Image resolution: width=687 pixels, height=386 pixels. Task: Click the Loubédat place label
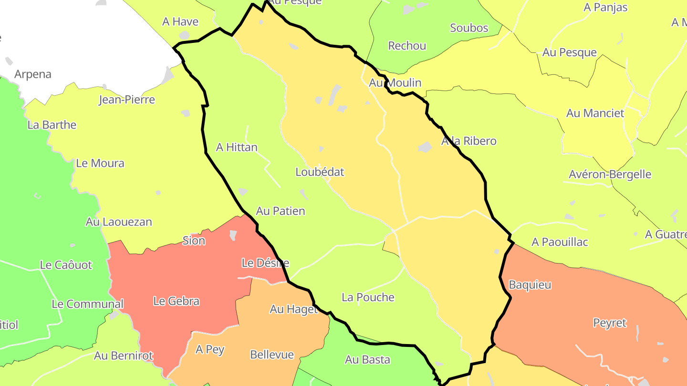pyautogui.click(x=320, y=172)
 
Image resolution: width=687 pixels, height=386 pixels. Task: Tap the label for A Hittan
pyautogui.click(x=237, y=147)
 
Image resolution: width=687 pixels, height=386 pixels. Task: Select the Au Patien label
pyautogui.click(x=281, y=211)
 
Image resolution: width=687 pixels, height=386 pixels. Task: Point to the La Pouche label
pyautogui.click(x=368, y=297)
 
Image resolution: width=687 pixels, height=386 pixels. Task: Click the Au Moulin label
pyautogui.click(x=395, y=83)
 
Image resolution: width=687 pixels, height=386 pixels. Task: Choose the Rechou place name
pyautogui.click(x=407, y=46)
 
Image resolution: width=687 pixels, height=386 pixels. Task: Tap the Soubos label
pyautogui.click(x=469, y=28)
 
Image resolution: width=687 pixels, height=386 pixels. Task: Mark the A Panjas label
pyautogui.click(x=605, y=8)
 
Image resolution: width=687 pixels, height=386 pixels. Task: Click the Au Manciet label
pyautogui.click(x=595, y=113)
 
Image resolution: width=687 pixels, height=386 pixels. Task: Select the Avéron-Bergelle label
pyautogui.click(x=610, y=174)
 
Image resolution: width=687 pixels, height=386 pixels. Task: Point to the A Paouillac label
pyautogui.click(x=560, y=242)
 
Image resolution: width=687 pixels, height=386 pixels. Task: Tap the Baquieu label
pyautogui.click(x=530, y=285)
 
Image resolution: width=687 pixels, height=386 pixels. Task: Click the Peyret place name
pyautogui.click(x=609, y=323)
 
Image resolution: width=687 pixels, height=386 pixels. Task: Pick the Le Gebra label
pyautogui.click(x=176, y=301)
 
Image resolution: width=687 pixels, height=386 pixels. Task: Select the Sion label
pyautogui.click(x=194, y=241)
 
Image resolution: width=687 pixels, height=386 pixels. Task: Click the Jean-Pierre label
pyautogui.click(x=126, y=100)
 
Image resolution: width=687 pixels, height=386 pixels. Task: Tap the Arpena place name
pyautogui.click(x=32, y=74)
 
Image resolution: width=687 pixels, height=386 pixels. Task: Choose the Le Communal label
pyautogui.click(x=87, y=304)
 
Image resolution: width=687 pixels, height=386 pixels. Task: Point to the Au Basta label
pyautogui.click(x=367, y=360)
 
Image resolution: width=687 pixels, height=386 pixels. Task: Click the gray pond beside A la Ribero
pyautogui.click(x=425, y=147)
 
